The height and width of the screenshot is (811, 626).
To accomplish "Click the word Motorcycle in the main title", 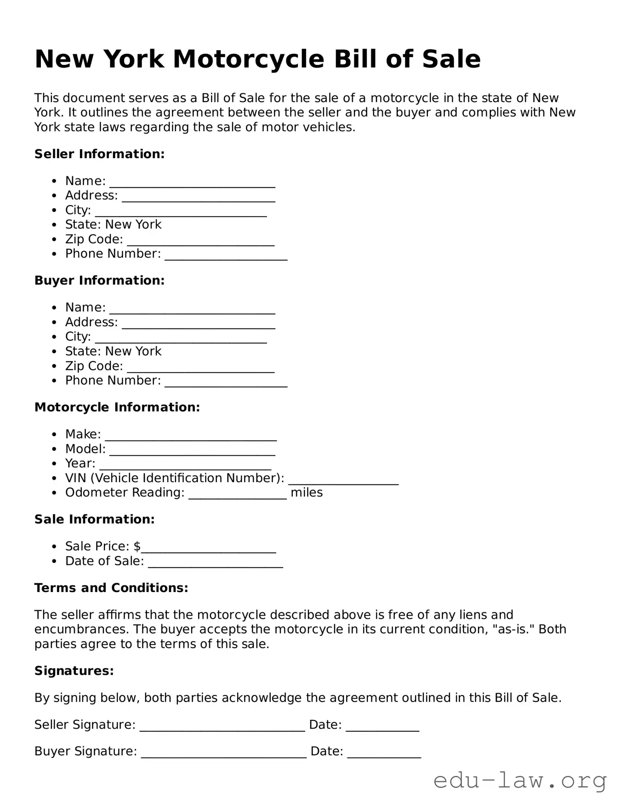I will tap(249, 59).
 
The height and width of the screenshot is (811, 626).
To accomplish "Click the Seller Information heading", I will tap(99, 154).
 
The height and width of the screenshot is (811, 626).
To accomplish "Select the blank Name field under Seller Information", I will tap(192, 182).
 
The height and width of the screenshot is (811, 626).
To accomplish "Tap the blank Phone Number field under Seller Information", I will tap(226, 255).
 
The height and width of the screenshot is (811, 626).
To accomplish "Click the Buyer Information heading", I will tap(99, 281).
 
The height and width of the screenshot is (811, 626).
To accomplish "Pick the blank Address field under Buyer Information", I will tap(198, 323).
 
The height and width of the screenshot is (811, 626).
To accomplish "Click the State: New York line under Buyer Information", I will tap(113, 351).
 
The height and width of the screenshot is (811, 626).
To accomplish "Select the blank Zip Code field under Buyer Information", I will tap(200, 367).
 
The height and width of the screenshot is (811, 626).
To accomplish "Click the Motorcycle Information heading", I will tap(117, 408).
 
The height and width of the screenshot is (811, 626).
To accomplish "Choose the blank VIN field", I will tap(343, 479).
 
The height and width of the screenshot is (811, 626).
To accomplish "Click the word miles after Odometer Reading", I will tap(307, 493).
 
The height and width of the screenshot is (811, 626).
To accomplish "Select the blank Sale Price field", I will tap(208, 547).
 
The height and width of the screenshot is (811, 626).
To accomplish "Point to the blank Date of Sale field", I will tap(215, 562).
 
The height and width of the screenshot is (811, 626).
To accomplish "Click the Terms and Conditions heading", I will tap(111, 588).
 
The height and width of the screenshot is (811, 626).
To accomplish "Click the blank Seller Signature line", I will tap(222, 726).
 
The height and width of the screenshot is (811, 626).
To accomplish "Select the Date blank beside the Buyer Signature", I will tap(384, 753).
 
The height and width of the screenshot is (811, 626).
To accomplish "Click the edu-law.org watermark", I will tap(520, 781).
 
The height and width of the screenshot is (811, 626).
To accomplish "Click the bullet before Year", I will tap(55, 464).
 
